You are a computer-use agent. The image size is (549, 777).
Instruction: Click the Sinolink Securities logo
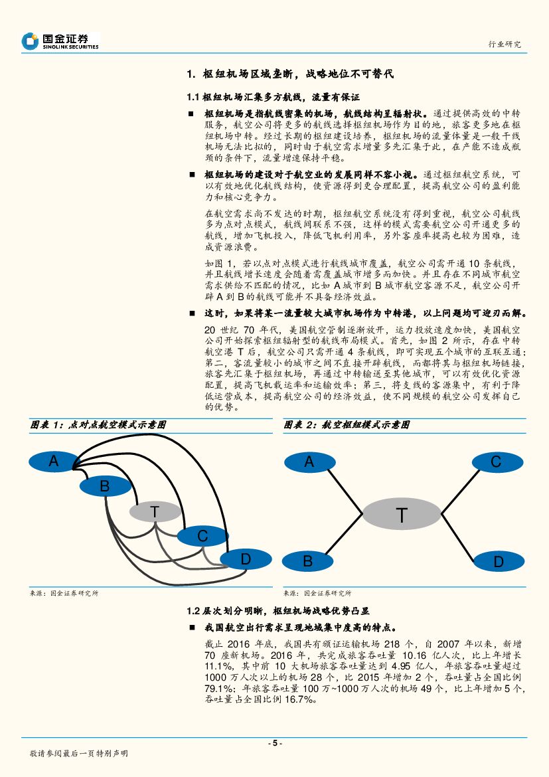(x=60, y=41)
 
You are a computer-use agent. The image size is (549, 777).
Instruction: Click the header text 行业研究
(x=505, y=44)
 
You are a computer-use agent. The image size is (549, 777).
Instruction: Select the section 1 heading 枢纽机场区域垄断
(x=291, y=74)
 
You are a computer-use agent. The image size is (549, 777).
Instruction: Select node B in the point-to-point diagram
(x=104, y=486)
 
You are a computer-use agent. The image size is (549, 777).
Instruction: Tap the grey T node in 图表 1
(x=155, y=512)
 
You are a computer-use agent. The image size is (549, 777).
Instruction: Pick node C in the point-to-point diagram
(x=202, y=536)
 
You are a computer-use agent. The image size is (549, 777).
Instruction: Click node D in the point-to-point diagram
(x=245, y=559)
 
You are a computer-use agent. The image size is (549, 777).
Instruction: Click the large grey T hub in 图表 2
(x=402, y=515)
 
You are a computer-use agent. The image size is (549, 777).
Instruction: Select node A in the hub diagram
(x=309, y=462)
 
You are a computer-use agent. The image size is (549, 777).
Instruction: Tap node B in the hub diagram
(x=308, y=561)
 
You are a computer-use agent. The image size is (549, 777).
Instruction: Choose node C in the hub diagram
(x=496, y=462)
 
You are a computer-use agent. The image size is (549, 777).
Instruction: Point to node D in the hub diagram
(x=499, y=562)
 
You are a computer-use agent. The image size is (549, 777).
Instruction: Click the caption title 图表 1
(x=98, y=424)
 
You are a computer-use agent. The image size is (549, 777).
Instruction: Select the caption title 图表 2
(x=347, y=424)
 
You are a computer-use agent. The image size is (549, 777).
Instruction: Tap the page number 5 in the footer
(x=274, y=743)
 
